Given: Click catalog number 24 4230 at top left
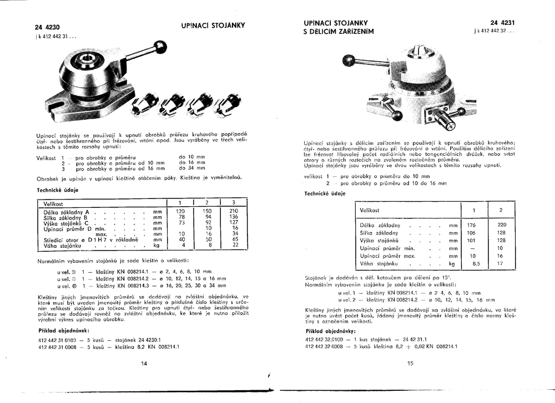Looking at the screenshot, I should click(47, 27).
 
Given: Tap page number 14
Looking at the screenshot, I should click(144, 364).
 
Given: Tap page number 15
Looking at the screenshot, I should click(411, 364).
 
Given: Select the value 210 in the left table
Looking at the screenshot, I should click(234, 212).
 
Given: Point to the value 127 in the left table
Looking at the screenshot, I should click(234, 223).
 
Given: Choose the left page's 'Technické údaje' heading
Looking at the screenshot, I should click(57, 190).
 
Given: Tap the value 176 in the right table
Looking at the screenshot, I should click(472, 225).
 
